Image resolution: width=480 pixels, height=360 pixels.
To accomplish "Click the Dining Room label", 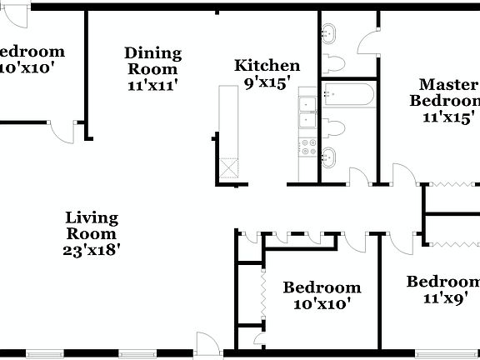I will coord(152,61).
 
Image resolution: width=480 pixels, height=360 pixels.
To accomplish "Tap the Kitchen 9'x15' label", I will coord(267,73).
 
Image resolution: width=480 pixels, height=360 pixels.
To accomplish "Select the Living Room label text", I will coord(92,227).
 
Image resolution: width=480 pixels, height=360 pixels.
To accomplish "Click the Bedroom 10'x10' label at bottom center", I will coord(322,296).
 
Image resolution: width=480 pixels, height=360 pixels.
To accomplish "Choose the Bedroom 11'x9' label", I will coord(443,289).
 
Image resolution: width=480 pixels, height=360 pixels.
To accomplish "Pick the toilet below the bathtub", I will coord(335,128).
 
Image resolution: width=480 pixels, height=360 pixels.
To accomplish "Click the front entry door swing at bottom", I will coord(207,342).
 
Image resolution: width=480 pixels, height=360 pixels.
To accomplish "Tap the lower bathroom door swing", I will coord(358,176).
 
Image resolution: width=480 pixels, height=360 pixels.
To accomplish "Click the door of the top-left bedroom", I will coord(60,130).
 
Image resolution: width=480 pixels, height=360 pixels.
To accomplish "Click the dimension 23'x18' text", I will coord(92,249).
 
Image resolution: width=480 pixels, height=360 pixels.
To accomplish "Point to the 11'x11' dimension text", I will coord(152,84).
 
